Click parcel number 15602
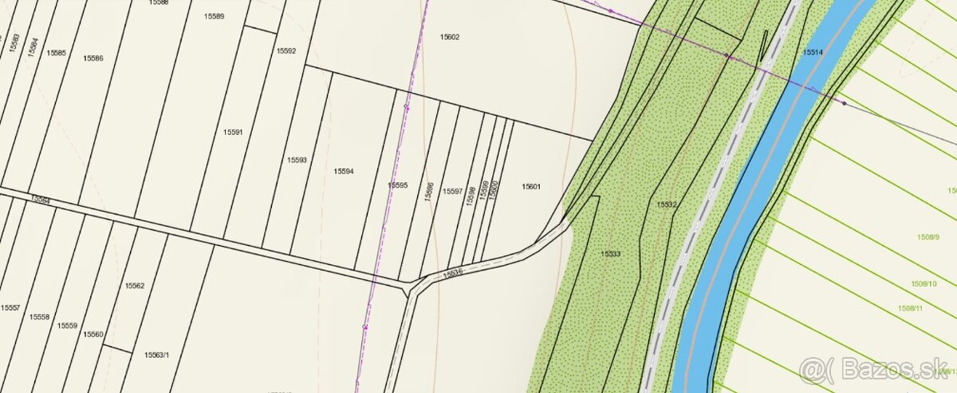click(450, 37)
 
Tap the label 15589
click(214, 16)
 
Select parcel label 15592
click(286, 51)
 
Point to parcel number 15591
click(233, 133)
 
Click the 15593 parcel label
click(297, 160)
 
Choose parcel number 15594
click(344, 171)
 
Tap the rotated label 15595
click(397, 185)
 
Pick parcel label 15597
click(453, 192)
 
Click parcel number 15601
click(531, 187)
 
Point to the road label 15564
click(40, 199)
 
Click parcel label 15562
click(134, 285)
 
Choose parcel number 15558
click(39, 317)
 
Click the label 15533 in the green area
click(611, 253)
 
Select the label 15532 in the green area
click(667, 205)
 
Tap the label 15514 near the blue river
click(813, 52)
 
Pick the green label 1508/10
click(924, 284)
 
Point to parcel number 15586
click(94, 58)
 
